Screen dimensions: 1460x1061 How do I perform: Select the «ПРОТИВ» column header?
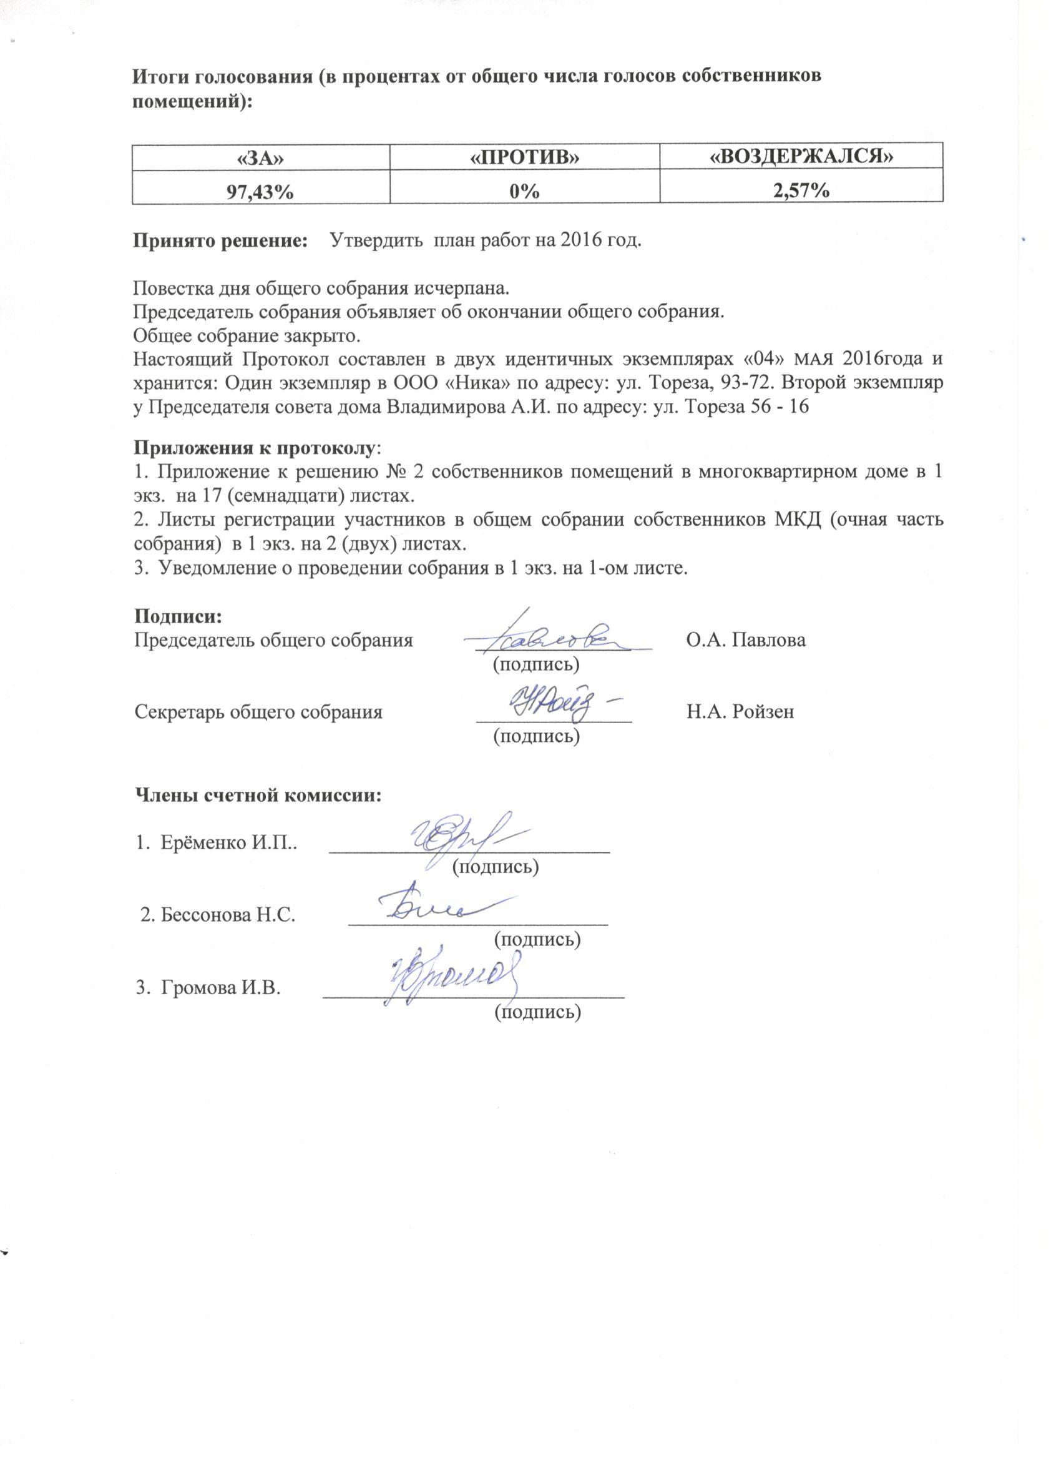[524, 158]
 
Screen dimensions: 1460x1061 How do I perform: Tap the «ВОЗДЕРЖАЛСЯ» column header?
[801, 158]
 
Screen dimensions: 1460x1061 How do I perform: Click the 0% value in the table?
[525, 191]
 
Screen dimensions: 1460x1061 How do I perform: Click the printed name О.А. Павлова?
[746, 641]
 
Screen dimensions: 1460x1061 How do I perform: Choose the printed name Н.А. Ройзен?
[740, 711]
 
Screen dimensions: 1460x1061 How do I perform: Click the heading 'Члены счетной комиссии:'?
[257, 796]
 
